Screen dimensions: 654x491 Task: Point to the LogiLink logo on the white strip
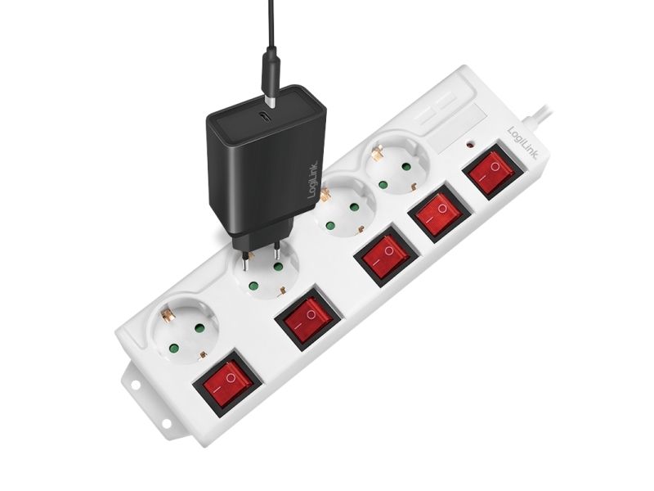tap(522, 142)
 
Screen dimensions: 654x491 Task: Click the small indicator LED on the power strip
tap(471, 146)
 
